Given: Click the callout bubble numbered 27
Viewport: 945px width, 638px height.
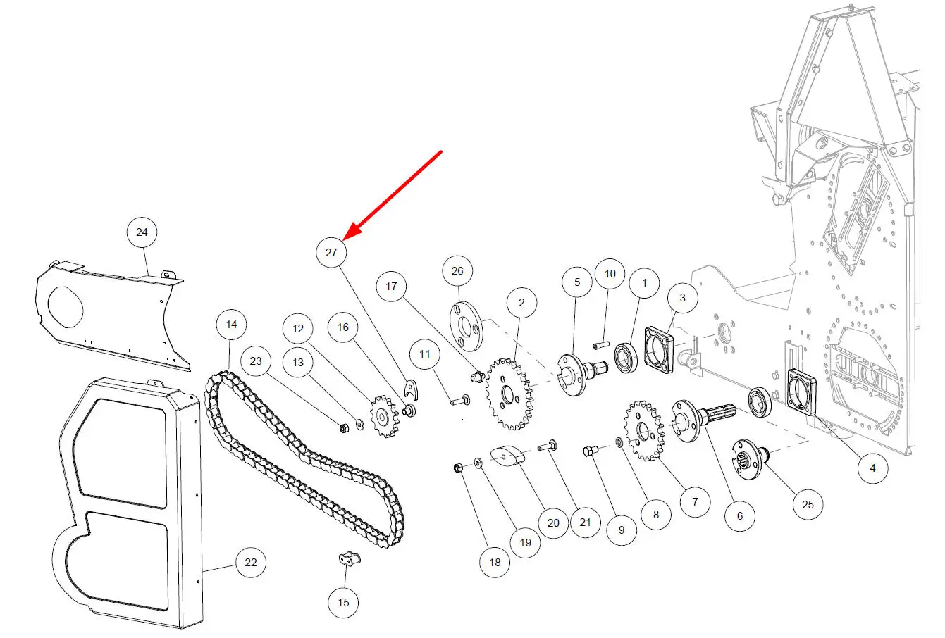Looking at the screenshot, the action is pyautogui.click(x=331, y=252).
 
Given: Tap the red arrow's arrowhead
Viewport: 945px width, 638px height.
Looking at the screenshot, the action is pyautogui.click(x=352, y=232).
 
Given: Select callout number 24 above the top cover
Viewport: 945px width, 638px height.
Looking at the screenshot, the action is pyautogui.click(x=142, y=232).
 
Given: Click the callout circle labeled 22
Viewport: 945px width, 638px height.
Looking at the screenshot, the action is pyautogui.click(x=251, y=562).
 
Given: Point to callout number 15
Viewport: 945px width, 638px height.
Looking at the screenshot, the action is pyautogui.click(x=343, y=603).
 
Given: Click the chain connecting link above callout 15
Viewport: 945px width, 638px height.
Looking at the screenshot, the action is pyautogui.click(x=350, y=559).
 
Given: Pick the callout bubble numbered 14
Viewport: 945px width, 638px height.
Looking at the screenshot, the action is pyautogui.click(x=231, y=324).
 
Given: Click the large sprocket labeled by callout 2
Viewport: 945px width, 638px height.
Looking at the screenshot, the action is pyautogui.click(x=509, y=394).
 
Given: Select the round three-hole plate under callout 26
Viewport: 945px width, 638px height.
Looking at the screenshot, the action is pyautogui.click(x=465, y=326).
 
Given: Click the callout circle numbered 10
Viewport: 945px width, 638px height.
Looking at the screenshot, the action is pyautogui.click(x=610, y=274).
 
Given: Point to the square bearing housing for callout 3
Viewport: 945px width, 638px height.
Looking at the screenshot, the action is pyautogui.click(x=659, y=349).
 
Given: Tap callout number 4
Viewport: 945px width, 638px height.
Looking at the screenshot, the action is pyautogui.click(x=872, y=468).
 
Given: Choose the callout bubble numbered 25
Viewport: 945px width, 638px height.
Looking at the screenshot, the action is pyautogui.click(x=808, y=504).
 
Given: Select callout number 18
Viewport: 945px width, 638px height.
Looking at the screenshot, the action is pyautogui.click(x=495, y=562).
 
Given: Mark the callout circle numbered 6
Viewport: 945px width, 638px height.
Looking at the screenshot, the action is pyautogui.click(x=739, y=515).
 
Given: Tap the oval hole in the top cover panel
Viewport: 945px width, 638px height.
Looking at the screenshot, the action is pyautogui.click(x=66, y=307).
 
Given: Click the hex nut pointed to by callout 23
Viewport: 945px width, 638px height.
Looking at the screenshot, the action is pyautogui.click(x=345, y=428).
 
